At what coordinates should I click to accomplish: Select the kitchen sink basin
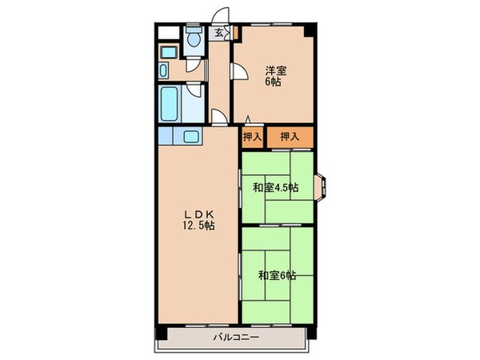(x=193, y=136)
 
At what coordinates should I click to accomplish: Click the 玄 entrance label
(x=218, y=33)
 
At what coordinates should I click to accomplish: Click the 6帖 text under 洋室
(x=275, y=81)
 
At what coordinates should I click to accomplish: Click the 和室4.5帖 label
(x=276, y=188)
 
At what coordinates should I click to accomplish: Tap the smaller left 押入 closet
(x=252, y=138)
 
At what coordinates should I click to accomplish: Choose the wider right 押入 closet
(x=290, y=138)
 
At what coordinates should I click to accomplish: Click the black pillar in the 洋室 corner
(x=309, y=32)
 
